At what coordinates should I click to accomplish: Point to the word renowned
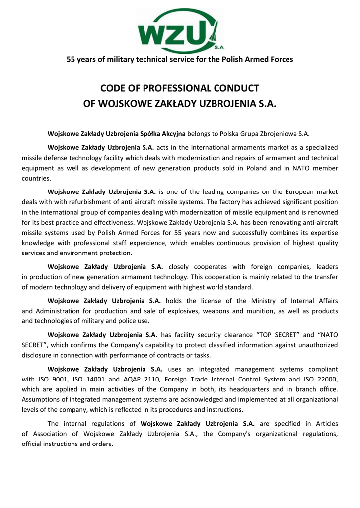pyautogui.click(x=323, y=212)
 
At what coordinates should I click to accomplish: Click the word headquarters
pyautogui.click(x=245, y=389)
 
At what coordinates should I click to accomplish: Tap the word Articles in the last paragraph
pyautogui.click(x=324, y=423)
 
